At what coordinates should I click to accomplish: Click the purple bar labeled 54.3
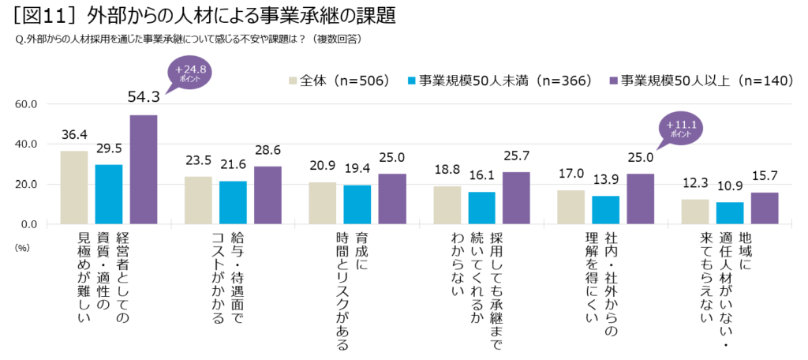coord(144,170)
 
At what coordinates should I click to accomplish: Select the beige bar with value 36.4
coord(74,187)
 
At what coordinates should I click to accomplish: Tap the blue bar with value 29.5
coord(109,194)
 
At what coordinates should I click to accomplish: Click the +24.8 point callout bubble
coord(187,73)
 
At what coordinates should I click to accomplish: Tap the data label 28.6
coord(267,152)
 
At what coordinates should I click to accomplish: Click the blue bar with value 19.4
coord(357,205)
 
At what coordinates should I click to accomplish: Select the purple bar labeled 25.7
coord(516,198)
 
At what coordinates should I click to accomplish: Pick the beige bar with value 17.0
coord(570,207)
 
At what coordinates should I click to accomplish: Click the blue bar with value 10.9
coord(729,213)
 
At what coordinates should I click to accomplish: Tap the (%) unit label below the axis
coord(22,246)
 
